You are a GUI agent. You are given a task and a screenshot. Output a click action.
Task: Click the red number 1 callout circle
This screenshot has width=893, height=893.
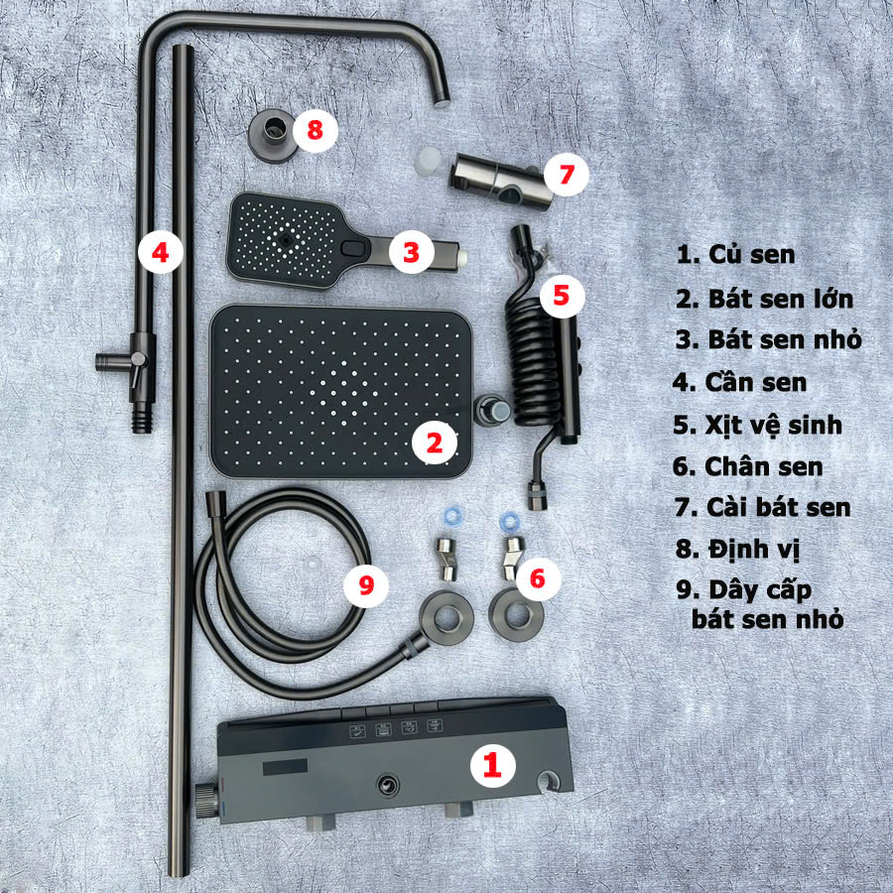(x=493, y=764)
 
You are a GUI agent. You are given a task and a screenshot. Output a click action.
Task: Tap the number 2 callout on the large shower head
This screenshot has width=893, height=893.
(x=434, y=443)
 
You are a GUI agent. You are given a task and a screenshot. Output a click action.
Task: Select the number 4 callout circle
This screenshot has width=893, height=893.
(x=162, y=252)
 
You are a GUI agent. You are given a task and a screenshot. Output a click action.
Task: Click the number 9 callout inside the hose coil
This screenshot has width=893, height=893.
(x=366, y=584)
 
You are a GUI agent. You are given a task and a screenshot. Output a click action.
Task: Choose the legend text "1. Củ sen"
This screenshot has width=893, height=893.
(x=736, y=254)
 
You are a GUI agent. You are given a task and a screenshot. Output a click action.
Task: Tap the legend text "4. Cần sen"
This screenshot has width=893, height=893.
(x=740, y=382)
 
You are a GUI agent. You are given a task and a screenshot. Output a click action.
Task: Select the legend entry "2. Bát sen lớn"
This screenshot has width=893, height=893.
(x=764, y=298)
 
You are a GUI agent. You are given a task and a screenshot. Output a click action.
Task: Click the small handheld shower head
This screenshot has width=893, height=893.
(x=298, y=242)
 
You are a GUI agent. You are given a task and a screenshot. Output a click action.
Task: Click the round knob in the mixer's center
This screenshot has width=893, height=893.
(x=385, y=786)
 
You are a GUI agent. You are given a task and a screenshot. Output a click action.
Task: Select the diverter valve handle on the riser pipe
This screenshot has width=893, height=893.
(x=121, y=357)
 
